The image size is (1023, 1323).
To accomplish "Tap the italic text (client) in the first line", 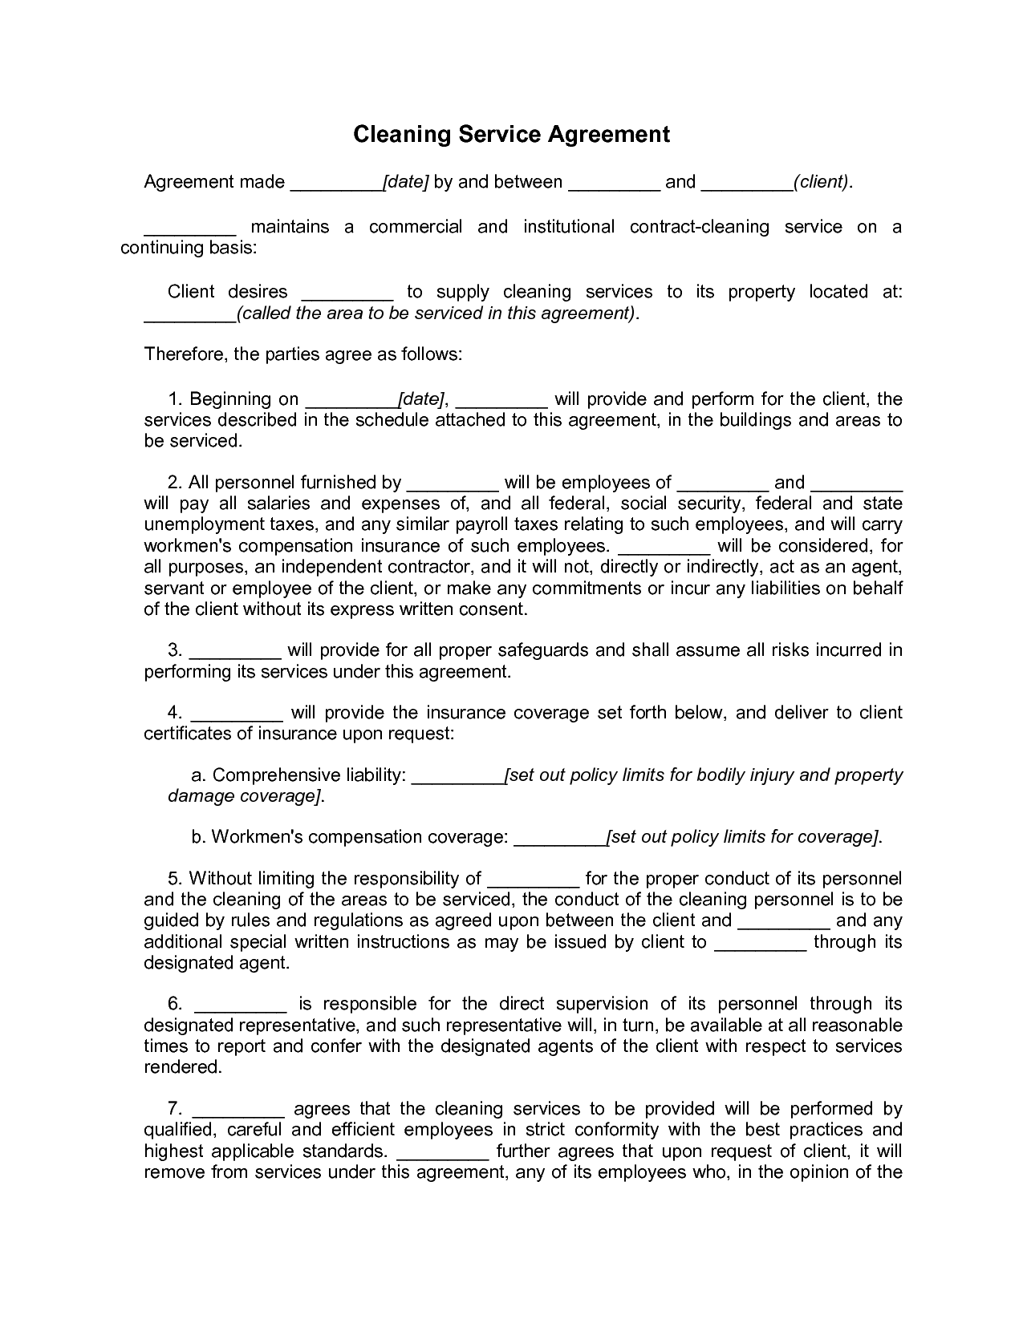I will point(822,182).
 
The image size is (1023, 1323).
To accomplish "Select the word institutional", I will point(569,227).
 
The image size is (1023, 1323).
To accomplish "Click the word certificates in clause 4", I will point(187,734).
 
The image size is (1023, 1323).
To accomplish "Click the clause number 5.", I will point(173,879).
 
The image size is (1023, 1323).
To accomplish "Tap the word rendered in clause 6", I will point(181,1067).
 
